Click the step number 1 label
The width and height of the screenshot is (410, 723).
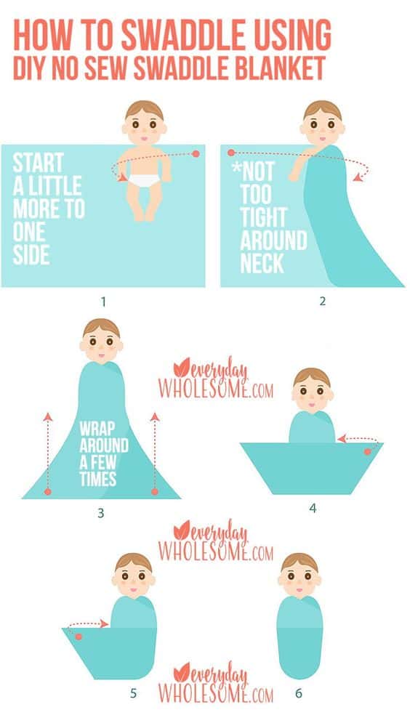102,299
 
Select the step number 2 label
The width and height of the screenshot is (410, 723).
322,299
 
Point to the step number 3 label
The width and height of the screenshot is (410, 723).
100,513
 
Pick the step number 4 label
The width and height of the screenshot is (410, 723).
313,508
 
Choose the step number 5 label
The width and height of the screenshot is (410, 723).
132,692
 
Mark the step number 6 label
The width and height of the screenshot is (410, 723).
298,692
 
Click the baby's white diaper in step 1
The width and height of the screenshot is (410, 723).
144,179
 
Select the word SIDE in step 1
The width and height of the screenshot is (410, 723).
31,256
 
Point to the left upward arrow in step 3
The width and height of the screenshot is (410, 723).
48,451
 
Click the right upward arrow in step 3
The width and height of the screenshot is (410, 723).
154,451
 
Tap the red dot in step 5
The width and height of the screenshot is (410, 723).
79,636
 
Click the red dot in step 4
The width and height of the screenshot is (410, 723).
367,451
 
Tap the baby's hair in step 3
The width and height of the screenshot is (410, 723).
101,328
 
